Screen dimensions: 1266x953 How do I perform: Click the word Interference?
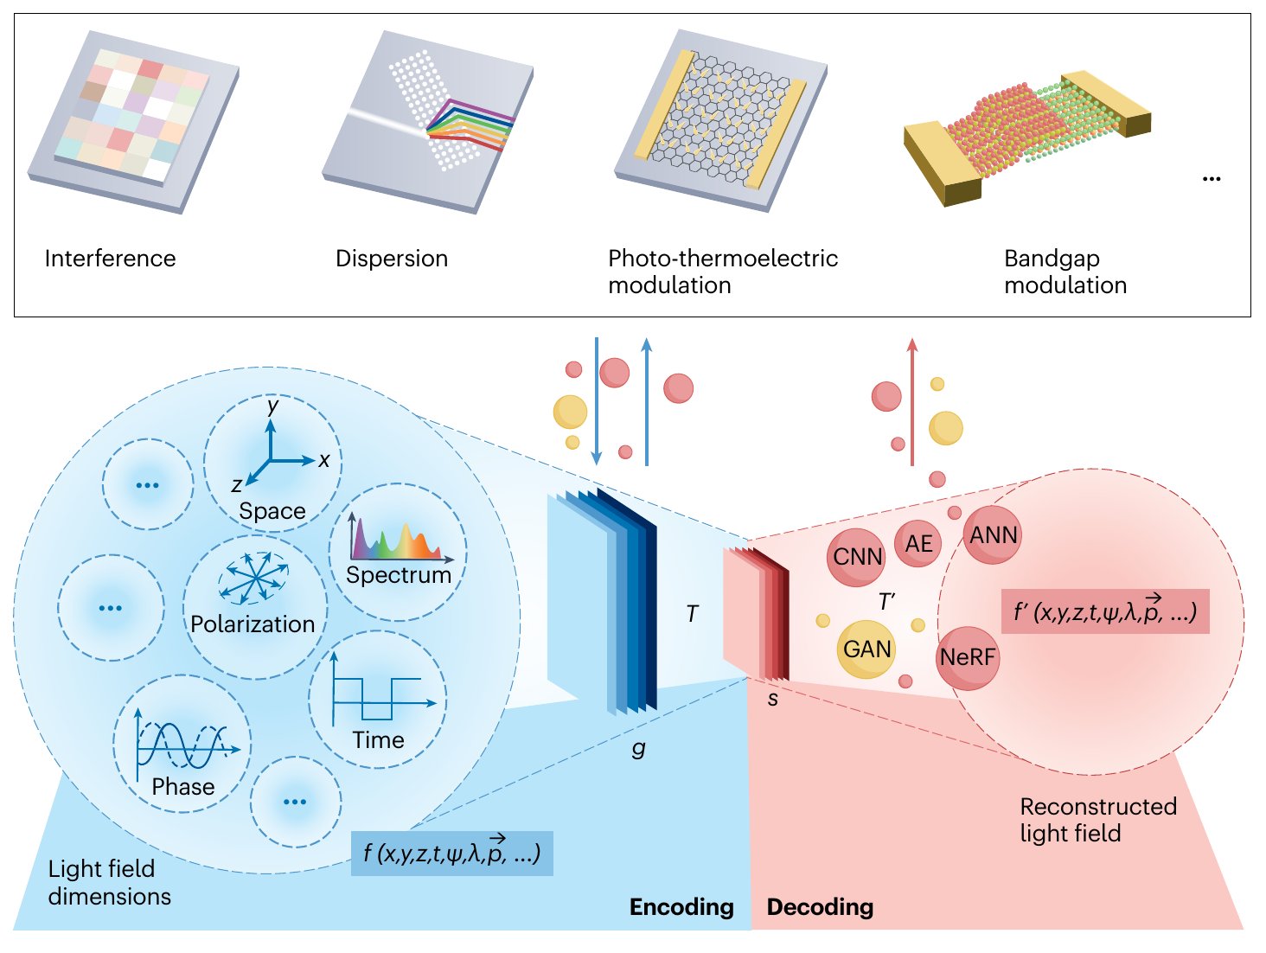point(110,259)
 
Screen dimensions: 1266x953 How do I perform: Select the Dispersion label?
point(392,259)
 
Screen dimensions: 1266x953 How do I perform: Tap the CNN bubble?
point(856,557)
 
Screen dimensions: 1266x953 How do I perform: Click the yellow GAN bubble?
point(866,649)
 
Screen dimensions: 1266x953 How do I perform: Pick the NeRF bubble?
point(968,658)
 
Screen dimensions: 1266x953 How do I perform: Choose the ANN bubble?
point(993,535)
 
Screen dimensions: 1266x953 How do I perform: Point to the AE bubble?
point(918,544)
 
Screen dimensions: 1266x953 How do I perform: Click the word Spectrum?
point(399,575)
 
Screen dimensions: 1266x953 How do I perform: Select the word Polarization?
point(253,624)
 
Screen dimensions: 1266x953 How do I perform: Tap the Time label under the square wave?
point(379,739)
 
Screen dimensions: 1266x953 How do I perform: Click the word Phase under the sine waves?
point(182,786)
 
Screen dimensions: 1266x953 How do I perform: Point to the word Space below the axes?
point(272,511)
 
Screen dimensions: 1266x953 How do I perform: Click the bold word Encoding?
point(681,907)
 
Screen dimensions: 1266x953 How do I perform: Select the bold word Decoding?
point(820,907)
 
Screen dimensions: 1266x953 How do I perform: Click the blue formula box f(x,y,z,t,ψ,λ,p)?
point(451,854)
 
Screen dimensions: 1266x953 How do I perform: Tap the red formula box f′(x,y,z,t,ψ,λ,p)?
point(1105,611)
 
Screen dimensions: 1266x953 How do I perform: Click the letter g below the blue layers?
point(638,749)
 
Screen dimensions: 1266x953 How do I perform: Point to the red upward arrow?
point(911,401)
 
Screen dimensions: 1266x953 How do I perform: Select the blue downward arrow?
point(597,401)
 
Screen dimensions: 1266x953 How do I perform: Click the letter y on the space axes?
point(272,406)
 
